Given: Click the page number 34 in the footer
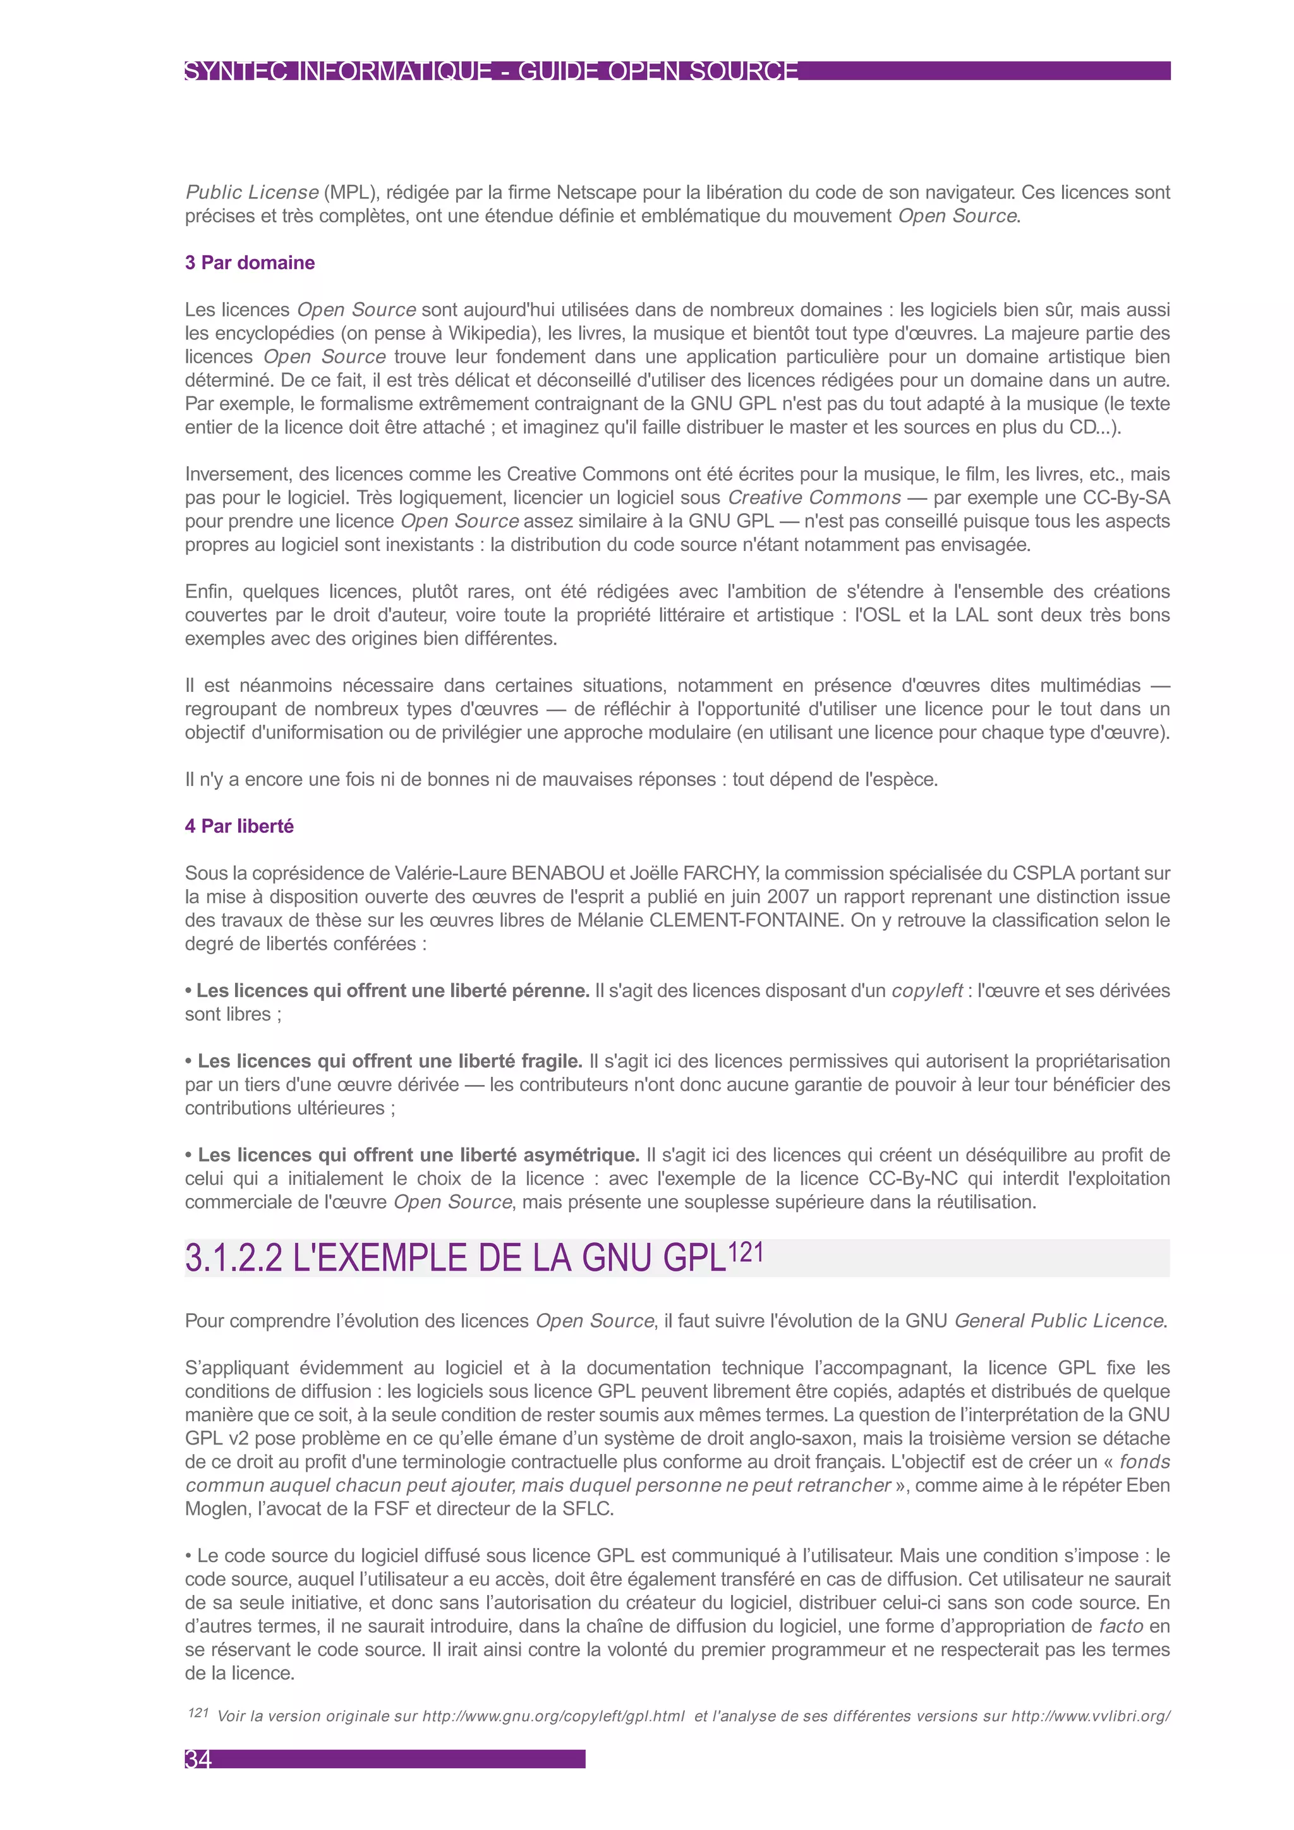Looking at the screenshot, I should tap(198, 1760).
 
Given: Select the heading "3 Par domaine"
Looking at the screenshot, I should tap(250, 263).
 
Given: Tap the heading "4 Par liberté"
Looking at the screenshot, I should tap(239, 827).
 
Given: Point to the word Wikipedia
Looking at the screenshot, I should tap(492, 333).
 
